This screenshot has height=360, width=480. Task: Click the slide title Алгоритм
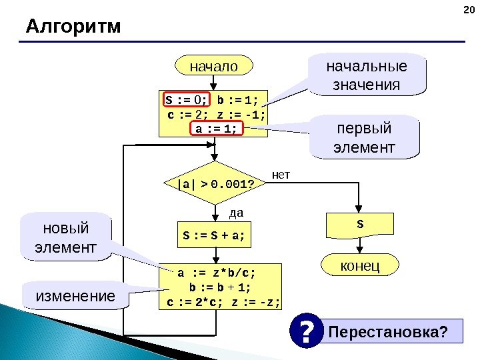pyautogui.click(x=73, y=27)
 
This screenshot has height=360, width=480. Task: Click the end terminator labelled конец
pyautogui.click(x=360, y=266)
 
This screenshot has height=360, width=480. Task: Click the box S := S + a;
pyautogui.click(x=213, y=234)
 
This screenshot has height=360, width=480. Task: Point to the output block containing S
pyautogui.click(x=360, y=225)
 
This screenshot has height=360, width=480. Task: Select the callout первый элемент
pyautogui.click(x=367, y=137)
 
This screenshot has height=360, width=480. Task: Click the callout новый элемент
pyautogui.click(x=65, y=237)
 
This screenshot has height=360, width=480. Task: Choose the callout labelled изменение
pyautogui.click(x=75, y=295)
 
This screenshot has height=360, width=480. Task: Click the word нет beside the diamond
pyautogui.click(x=283, y=175)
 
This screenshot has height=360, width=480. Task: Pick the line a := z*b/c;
pyautogui.click(x=216, y=273)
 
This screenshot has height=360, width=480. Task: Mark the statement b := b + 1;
pyautogui.click(x=221, y=287)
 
